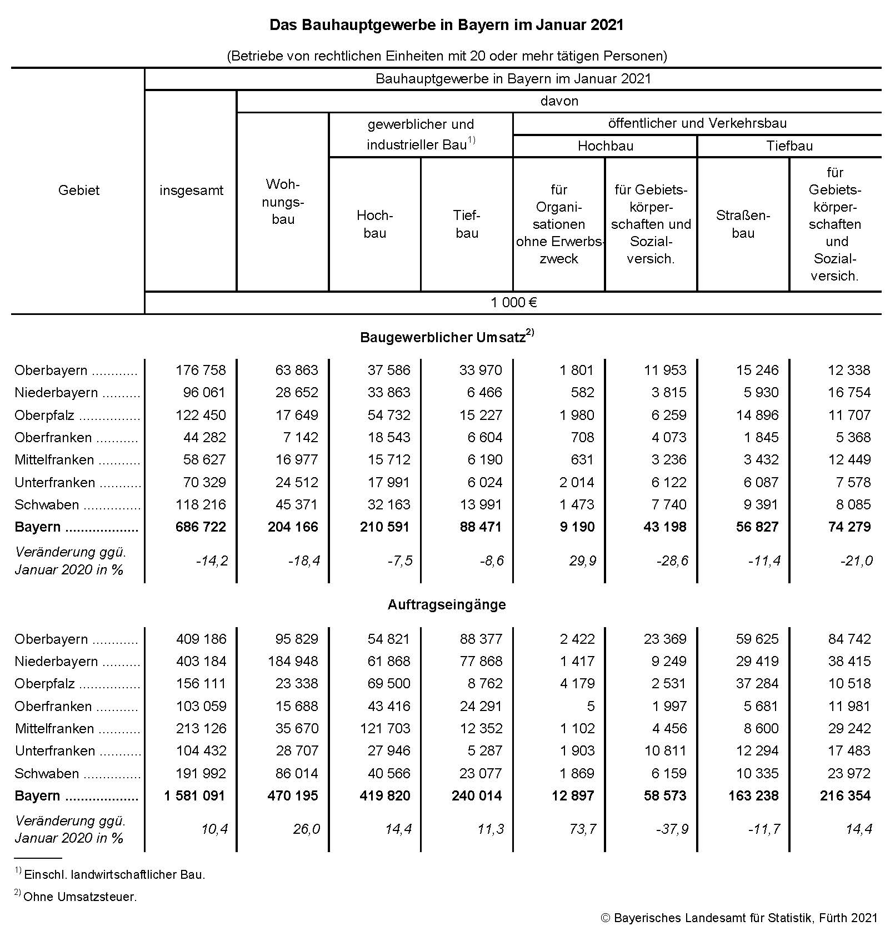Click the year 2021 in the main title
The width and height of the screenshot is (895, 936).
607,25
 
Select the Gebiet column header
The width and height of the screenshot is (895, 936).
79,190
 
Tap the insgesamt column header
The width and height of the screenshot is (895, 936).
191,191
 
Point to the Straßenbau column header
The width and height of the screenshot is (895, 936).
743,224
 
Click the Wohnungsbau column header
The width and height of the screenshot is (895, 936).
283,201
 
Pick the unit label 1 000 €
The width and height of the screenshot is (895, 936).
513,303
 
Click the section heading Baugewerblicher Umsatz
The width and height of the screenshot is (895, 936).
443,337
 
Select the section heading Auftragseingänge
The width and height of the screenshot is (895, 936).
447,604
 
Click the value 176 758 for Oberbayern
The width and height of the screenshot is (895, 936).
201,370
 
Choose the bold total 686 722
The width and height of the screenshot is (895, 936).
201,527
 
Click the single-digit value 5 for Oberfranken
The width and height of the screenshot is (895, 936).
591,706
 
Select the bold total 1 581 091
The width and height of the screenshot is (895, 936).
194,795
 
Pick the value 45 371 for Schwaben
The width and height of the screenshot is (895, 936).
297,504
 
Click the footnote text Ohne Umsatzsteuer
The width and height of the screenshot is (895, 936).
80,897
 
